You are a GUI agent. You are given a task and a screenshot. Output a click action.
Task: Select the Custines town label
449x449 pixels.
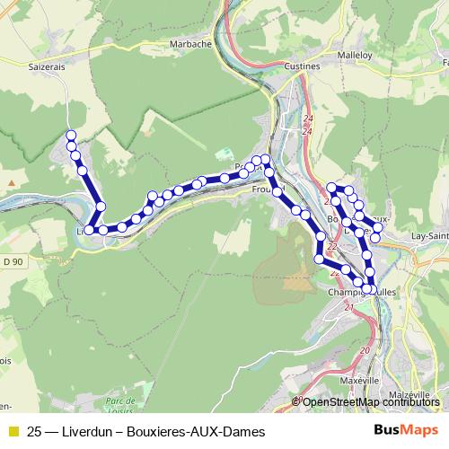point(302,66)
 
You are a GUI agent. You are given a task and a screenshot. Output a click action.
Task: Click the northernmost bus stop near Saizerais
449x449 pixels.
point(71,136)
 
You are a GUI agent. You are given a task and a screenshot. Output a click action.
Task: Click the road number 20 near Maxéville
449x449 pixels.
point(364,350)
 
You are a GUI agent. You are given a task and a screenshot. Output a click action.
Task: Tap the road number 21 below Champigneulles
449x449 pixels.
point(348,308)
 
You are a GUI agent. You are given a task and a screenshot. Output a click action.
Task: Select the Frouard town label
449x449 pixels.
point(267,190)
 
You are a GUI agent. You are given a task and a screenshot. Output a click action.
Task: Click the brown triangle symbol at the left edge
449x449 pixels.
point(11,181)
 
